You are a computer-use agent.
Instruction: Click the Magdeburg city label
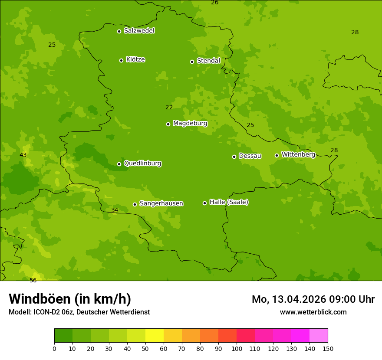(190, 124)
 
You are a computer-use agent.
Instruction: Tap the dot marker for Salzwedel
(119, 31)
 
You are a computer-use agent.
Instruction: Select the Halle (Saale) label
(229, 202)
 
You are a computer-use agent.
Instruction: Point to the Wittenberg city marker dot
(277, 155)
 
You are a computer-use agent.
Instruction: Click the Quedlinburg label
(142, 164)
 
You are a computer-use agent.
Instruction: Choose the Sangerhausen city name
(161, 203)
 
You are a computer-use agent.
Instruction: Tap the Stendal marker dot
(192, 62)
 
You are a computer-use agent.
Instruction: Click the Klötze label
(135, 59)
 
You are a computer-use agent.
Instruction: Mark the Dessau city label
(250, 156)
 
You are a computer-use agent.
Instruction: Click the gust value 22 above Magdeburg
(169, 108)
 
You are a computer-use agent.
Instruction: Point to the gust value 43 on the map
(23, 155)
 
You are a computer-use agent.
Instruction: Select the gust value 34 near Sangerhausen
(115, 210)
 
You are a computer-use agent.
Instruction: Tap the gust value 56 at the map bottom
(33, 281)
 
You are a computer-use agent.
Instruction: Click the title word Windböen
(40, 299)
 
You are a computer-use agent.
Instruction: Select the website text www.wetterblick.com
(313, 312)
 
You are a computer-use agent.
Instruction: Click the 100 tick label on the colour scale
(237, 348)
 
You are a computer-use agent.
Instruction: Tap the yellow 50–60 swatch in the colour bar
(155, 336)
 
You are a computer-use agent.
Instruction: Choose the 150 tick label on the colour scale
(328, 348)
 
